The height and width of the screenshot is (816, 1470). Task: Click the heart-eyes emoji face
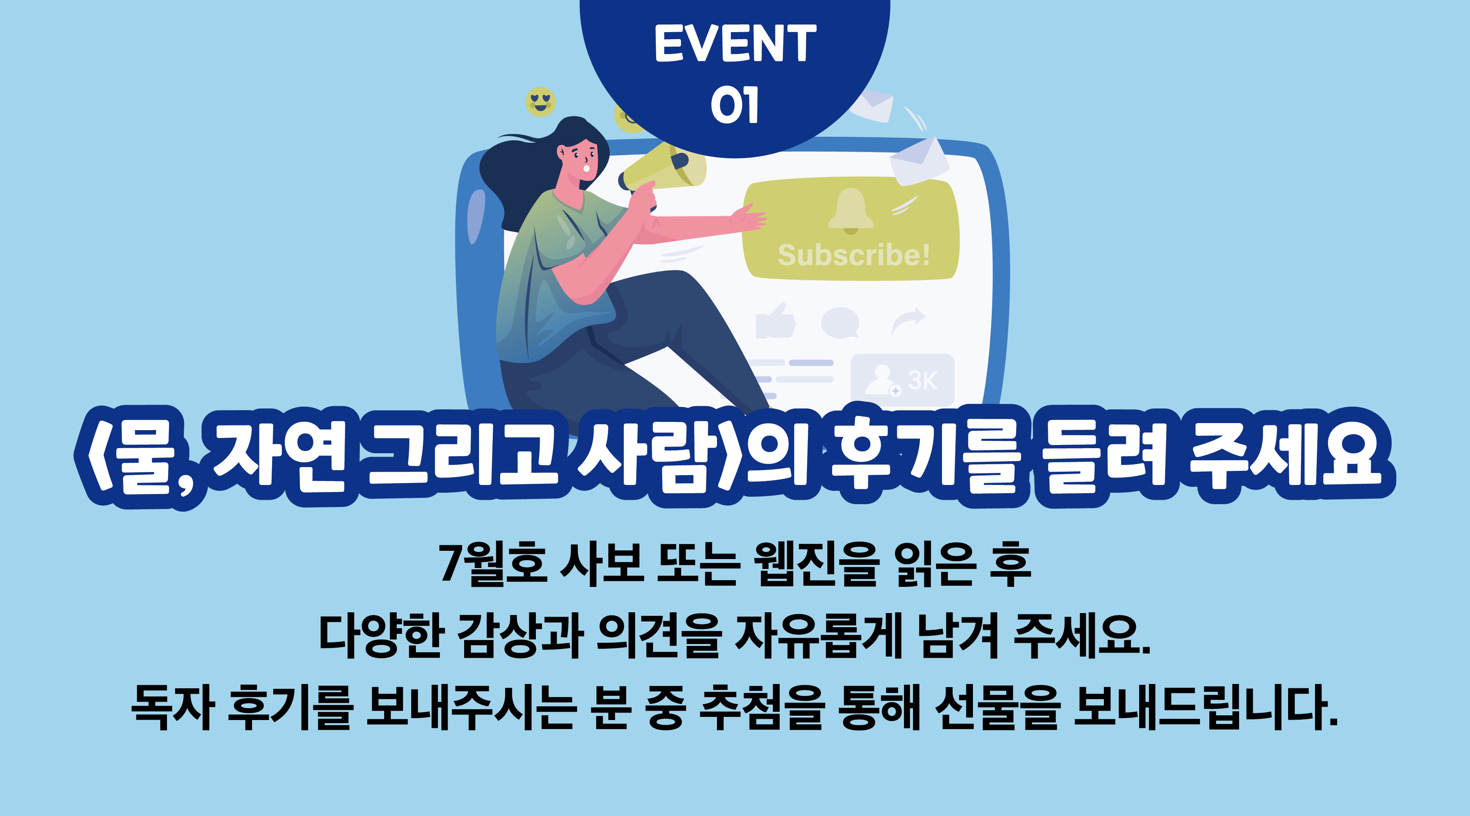[x=540, y=102]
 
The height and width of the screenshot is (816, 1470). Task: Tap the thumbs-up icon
[x=775, y=321]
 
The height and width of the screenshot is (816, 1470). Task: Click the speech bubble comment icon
[x=840, y=322]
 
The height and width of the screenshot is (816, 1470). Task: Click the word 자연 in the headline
[x=279, y=457]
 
